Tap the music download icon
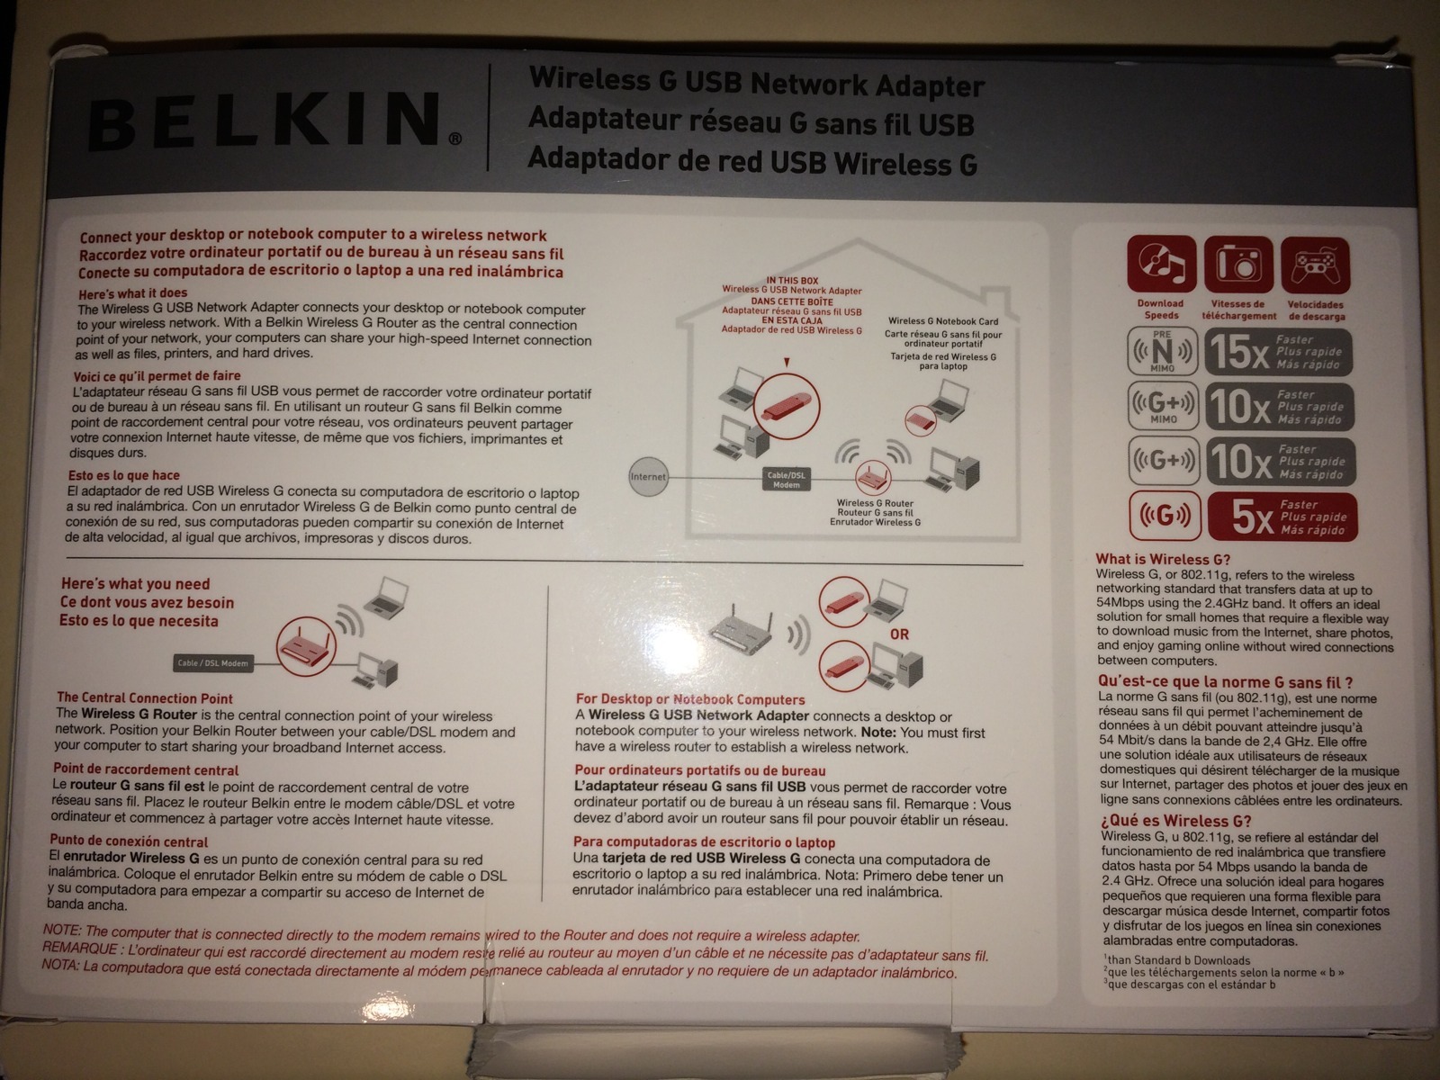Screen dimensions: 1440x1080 1161,265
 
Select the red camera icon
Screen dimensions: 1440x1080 1238,265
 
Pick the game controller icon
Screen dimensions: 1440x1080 1316,265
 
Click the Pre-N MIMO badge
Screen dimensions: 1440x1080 1163,352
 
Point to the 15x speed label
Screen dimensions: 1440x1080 1279,352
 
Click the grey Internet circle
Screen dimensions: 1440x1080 647,477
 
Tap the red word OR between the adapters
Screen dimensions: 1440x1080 899,634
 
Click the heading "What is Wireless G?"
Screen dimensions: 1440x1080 1163,559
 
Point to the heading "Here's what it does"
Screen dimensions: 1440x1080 133,293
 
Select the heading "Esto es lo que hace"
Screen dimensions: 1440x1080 124,475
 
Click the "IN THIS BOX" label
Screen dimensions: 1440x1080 793,281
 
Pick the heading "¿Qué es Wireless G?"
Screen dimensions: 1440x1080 1175,821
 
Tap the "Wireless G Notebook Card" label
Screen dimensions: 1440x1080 942,321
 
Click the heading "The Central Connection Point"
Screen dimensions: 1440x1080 144,698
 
